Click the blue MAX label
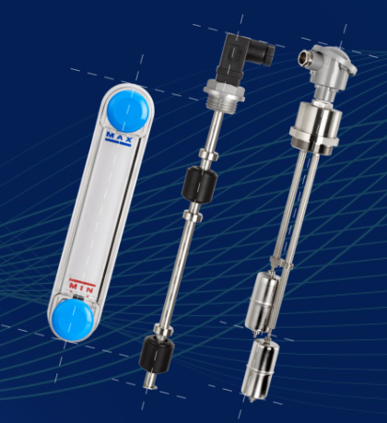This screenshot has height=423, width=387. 119,137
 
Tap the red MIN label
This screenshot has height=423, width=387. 82,287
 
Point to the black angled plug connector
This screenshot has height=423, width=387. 242,57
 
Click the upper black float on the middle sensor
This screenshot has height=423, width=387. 200,184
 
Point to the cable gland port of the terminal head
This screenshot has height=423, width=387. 305,56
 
